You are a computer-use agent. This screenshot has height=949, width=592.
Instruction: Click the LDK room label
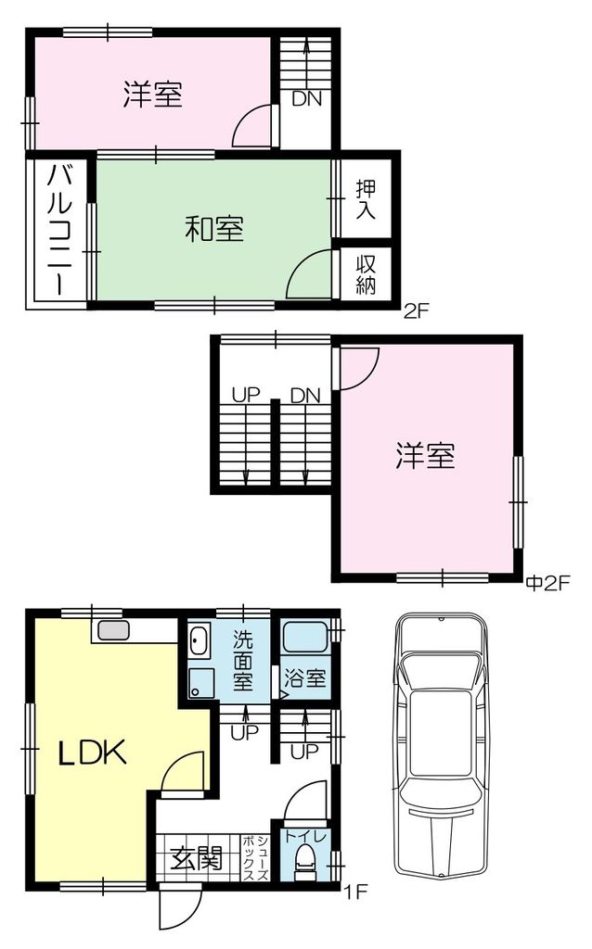[92, 753]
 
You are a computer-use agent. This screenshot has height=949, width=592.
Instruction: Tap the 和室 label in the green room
[214, 230]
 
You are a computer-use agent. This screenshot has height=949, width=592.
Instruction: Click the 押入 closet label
[366, 199]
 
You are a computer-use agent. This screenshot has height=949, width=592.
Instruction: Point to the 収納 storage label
[366, 274]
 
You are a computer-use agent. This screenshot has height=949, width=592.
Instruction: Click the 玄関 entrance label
[197, 857]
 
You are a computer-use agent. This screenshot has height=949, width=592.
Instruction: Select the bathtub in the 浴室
[305, 637]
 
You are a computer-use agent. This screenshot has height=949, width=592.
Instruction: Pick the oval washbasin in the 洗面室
[199, 641]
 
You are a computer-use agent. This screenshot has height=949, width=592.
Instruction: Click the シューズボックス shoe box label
[256, 858]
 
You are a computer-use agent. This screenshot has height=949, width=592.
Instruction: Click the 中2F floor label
[548, 583]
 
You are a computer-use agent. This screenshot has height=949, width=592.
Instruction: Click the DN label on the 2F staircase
[306, 98]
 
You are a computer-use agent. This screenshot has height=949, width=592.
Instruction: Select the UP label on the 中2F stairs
[246, 395]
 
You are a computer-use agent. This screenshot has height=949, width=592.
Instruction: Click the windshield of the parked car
[441, 673]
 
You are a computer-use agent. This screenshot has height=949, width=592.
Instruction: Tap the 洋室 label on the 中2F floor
[425, 455]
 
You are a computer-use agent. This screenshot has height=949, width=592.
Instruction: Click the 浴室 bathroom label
[305, 677]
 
